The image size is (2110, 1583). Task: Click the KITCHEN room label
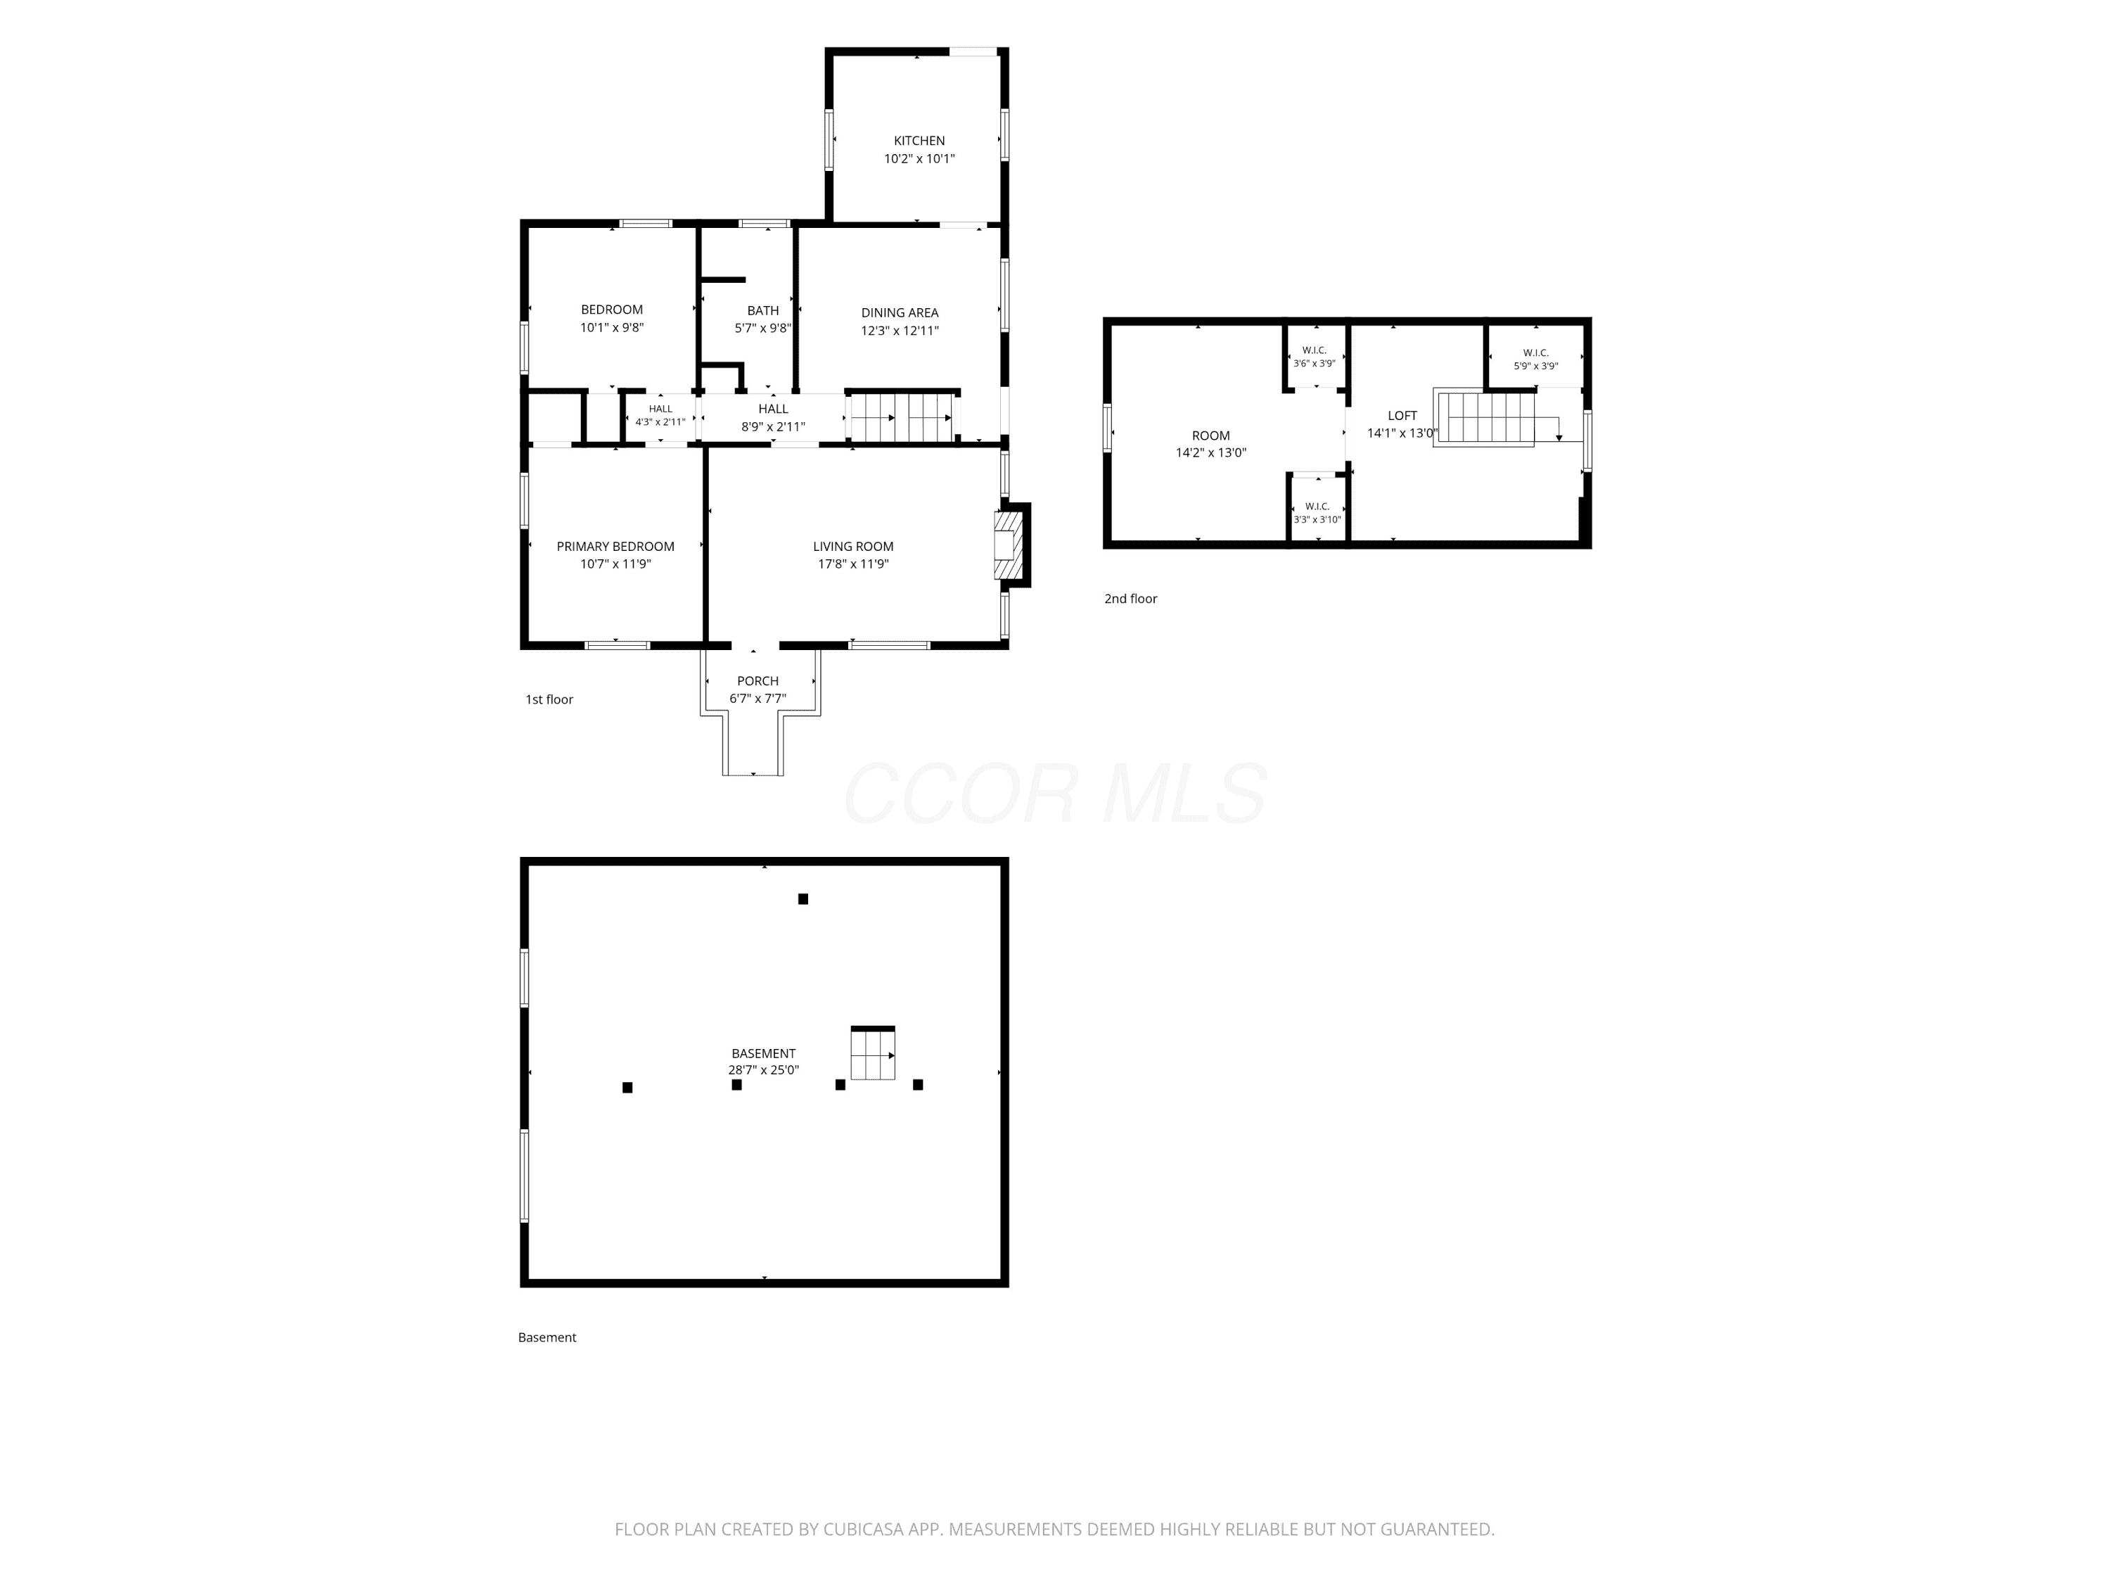click(x=919, y=140)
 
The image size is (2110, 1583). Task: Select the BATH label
click(x=763, y=310)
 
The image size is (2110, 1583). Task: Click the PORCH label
click(x=757, y=680)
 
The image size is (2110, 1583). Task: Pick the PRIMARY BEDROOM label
click(x=615, y=546)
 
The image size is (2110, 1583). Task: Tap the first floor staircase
click(x=902, y=417)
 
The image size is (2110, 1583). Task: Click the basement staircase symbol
click(x=873, y=1053)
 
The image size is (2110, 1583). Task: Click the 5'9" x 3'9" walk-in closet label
click(x=1536, y=360)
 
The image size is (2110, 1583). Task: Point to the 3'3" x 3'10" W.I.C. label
click(x=1317, y=512)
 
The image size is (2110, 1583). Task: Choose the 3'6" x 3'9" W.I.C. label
click(x=1314, y=357)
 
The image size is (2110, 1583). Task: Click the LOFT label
click(x=1402, y=415)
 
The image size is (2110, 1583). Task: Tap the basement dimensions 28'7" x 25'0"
click(x=763, y=1069)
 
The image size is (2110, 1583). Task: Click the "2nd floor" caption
click(x=1130, y=598)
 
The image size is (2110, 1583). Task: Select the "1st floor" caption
click(x=549, y=699)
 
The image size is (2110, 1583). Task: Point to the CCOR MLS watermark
click(x=1055, y=794)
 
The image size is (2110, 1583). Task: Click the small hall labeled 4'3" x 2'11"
click(x=660, y=415)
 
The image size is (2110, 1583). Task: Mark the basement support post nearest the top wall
click(x=803, y=899)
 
